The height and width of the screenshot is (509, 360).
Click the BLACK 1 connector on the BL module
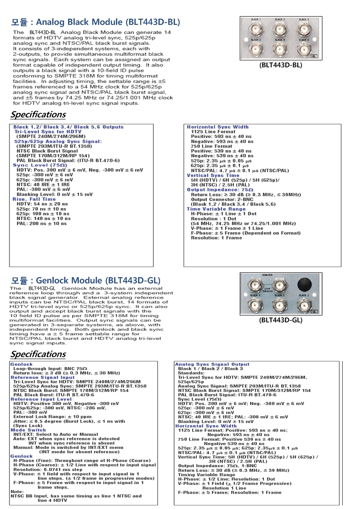pyautogui.click(x=256, y=29)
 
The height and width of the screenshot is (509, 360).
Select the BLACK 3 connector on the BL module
pyautogui.click(x=280, y=29)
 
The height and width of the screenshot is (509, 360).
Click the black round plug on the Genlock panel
pyautogui.click(x=303, y=284)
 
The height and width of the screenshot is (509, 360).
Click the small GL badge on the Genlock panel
pyautogui.click(x=314, y=311)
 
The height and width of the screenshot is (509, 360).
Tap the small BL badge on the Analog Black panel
pyautogui.click(x=314, y=56)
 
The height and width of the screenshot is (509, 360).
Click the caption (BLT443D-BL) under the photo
pyautogui.click(x=281, y=65)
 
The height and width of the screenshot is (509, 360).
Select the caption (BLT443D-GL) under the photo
pyautogui.click(x=281, y=320)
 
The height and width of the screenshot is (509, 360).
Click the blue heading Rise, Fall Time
pyautogui.click(x=34, y=199)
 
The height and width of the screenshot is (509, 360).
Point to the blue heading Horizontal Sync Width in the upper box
pyautogui.click(x=218, y=127)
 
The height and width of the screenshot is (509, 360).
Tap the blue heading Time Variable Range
pyautogui.click(x=216, y=209)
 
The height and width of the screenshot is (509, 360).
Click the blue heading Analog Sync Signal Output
pyautogui.click(x=212, y=364)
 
